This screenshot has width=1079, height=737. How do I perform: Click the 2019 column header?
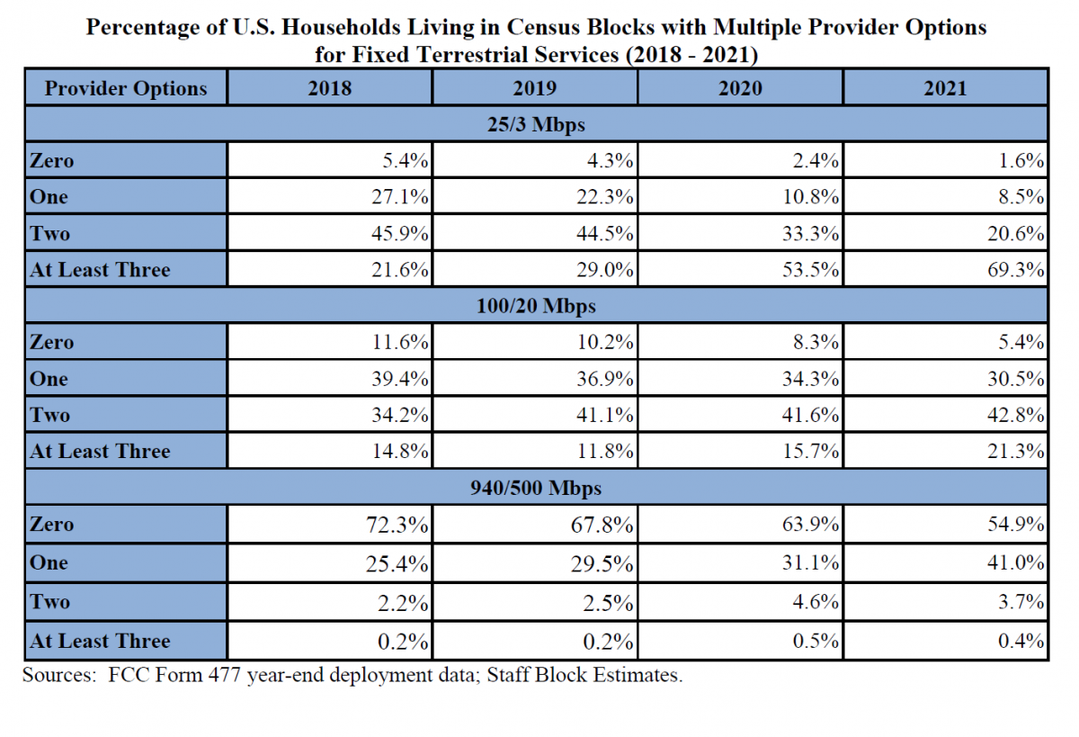click(x=534, y=88)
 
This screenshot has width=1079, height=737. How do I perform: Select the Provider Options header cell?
click(x=126, y=88)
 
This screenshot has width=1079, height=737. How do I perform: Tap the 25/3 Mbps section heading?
click(x=536, y=125)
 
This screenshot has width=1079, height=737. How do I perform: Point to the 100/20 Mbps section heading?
click(x=536, y=306)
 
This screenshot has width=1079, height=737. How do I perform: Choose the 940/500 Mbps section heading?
click(x=536, y=488)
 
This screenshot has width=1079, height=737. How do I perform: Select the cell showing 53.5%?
click(x=815, y=269)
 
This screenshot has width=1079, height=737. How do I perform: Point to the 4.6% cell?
click(x=819, y=602)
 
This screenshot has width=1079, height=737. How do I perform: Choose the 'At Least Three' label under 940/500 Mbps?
click(x=100, y=642)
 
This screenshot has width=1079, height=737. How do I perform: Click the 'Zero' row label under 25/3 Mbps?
click(x=51, y=162)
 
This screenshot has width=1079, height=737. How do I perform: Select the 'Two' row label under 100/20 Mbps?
click(x=49, y=415)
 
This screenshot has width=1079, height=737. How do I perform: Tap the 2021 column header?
click(x=945, y=88)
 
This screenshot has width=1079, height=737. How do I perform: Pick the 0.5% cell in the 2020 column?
click(x=819, y=642)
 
